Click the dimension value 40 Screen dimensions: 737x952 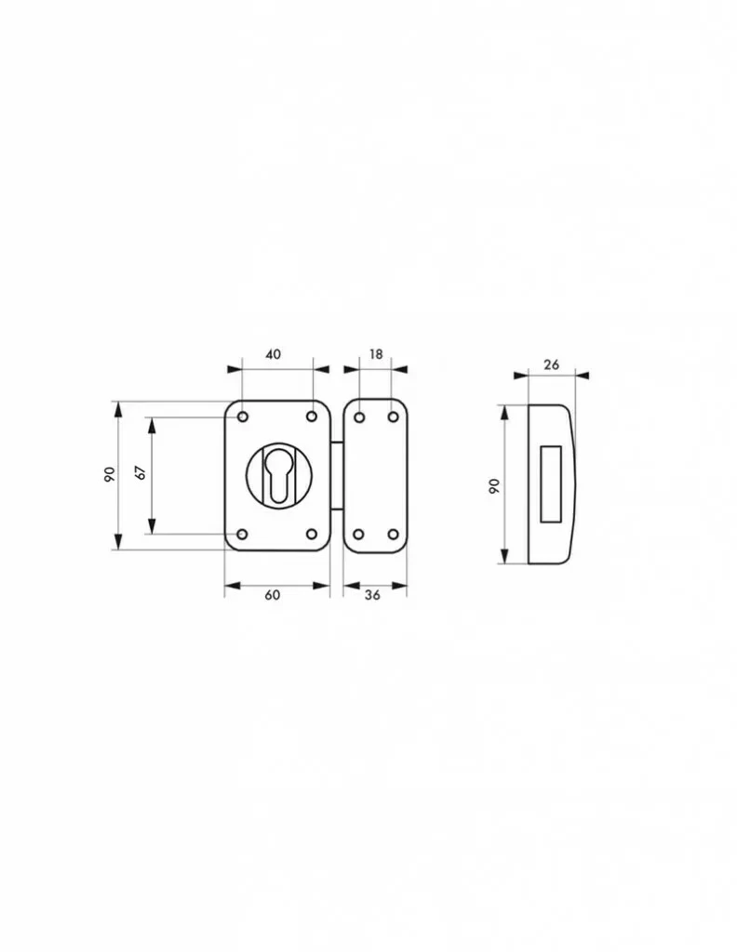pos(274,353)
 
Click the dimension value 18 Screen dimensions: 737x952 pos(376,353)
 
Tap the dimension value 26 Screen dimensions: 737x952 pos(551,364)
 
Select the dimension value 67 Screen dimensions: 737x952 pos(141,473)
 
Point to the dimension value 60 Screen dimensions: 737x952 pos(273,595)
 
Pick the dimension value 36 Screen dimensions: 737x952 pos(372,595)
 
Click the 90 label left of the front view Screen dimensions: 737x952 pos(110,475)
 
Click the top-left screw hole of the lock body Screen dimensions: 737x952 pos(243,417)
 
